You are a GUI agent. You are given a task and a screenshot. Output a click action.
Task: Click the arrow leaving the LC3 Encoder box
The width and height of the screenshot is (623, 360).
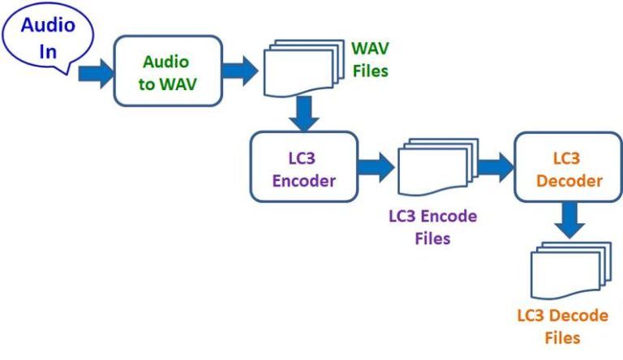tap(375, 169)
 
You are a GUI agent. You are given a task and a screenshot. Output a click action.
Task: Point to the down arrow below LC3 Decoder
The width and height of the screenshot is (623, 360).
tap(570, 220)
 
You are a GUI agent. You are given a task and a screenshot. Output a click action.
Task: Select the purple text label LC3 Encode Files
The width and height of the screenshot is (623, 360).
tap(432, 227)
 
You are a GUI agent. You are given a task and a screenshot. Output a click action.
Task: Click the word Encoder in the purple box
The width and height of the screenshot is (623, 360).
tap(303, 181)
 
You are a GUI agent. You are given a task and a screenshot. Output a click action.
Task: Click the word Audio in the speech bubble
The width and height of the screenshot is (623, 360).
tap(48, 24)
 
